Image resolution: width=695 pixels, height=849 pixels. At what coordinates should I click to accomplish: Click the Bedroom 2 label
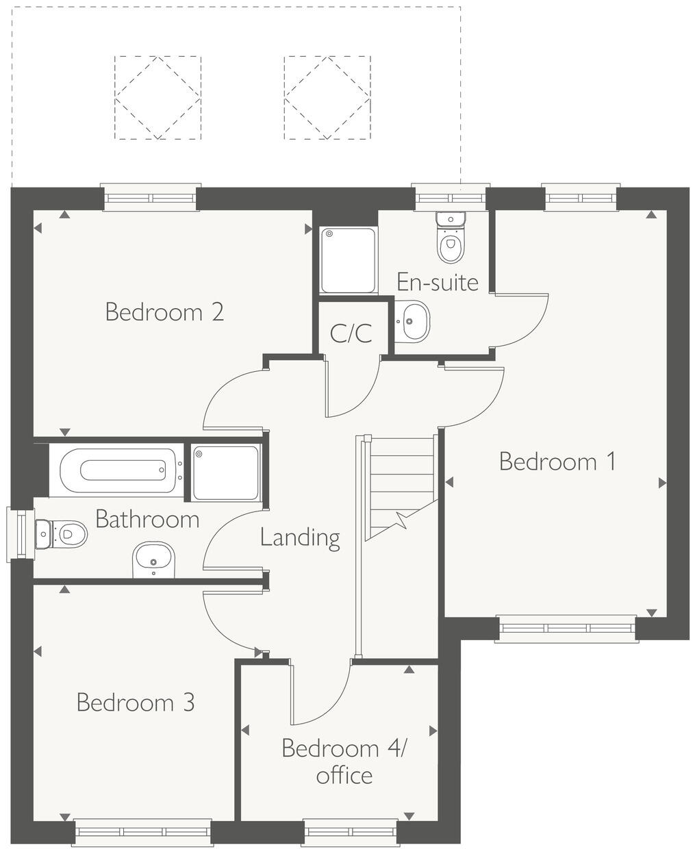(x=164, y=312)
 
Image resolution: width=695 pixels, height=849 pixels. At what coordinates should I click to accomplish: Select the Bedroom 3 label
(x=136, y=702)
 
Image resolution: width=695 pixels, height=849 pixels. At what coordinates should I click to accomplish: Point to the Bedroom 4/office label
(x=344, y=761)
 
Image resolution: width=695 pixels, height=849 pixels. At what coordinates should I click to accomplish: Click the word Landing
(x=300, y=537)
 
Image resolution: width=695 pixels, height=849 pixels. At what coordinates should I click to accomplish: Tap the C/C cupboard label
(x=351, y=333)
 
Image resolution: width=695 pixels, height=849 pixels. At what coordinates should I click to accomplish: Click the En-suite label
(x=438, y=281)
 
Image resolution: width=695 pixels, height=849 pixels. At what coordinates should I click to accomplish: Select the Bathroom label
(x=147, y=519)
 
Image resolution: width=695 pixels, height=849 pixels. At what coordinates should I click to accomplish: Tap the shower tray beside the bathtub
(x=226, y=472)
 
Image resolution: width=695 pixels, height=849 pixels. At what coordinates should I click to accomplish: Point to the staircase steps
(x=401, y=486)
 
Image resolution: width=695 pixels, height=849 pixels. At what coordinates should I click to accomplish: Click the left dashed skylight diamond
(x=157, y=98)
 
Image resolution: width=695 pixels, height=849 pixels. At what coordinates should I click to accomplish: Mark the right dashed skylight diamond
(x=327, y=98)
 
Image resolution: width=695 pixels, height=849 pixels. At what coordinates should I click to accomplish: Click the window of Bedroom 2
(x=151, y=197)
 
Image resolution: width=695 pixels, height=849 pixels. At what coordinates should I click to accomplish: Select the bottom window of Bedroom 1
(x=567, y=628)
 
